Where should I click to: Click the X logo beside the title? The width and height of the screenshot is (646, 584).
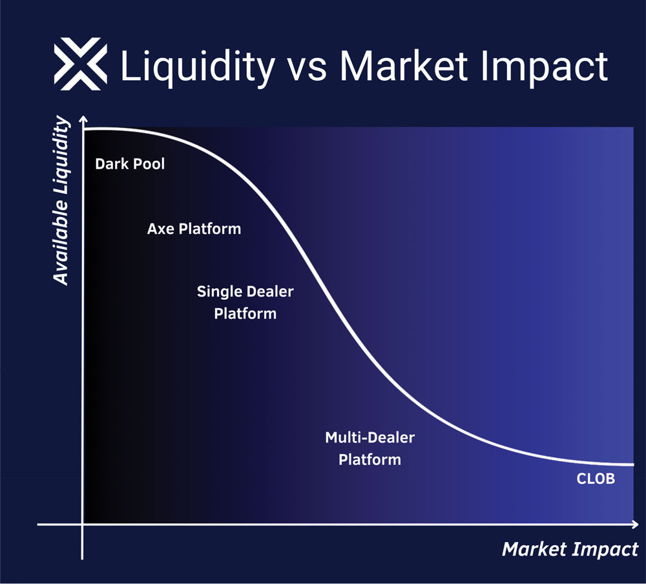(80, 64)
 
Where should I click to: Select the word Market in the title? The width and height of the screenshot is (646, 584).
(404, 65)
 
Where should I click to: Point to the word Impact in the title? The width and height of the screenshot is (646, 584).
(544, 68)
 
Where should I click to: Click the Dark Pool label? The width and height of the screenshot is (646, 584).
(130, 164)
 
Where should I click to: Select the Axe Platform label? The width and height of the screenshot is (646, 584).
(194, 229)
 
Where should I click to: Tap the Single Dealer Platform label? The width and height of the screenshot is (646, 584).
(245, 302)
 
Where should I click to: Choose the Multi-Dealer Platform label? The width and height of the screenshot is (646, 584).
(370, 448)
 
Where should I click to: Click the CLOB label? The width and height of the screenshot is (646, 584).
(596, 479)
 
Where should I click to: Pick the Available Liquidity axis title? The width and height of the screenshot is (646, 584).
(61, 200)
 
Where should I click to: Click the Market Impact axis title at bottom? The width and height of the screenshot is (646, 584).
(570, 549)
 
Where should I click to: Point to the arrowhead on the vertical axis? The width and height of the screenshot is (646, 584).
(83, 119)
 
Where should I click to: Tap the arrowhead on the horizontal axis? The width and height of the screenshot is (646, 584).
(635, 524)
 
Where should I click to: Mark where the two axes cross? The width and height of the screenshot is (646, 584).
(83, 524)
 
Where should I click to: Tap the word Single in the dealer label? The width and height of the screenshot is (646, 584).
(220, 292)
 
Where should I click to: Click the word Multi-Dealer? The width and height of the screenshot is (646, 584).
(370, 437)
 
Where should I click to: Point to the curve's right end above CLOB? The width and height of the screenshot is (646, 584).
(633, 465)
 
